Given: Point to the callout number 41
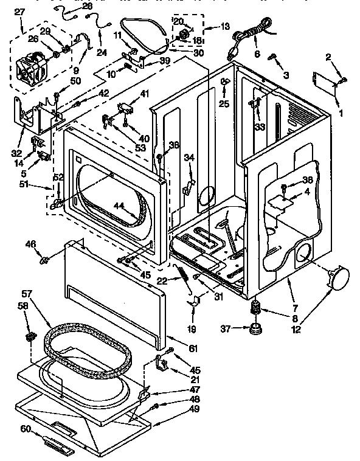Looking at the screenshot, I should coord(144,94).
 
